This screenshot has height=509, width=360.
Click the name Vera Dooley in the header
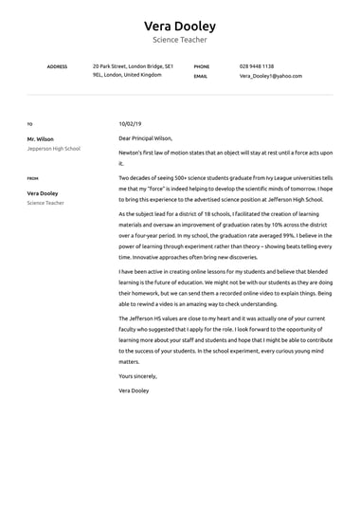point(179,26)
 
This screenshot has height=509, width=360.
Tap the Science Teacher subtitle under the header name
point(179,41)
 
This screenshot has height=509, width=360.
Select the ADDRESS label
point(57,66)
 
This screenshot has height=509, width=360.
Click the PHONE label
point(201,66)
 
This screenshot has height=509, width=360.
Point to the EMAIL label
point(201,76)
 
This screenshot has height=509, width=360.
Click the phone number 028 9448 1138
point(256,66)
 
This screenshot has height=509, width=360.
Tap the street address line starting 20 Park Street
point(133,66)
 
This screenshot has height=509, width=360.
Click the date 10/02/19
point(130,123)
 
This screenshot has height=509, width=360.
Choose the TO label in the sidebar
point(29,124)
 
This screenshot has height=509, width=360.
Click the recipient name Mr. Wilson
point(40,138)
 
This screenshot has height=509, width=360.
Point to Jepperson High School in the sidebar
point(54,149)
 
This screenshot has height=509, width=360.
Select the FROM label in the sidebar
point(33,177)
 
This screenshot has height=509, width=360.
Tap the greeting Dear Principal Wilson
point(145,138)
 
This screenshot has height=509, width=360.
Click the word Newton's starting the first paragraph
point(131,153)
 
